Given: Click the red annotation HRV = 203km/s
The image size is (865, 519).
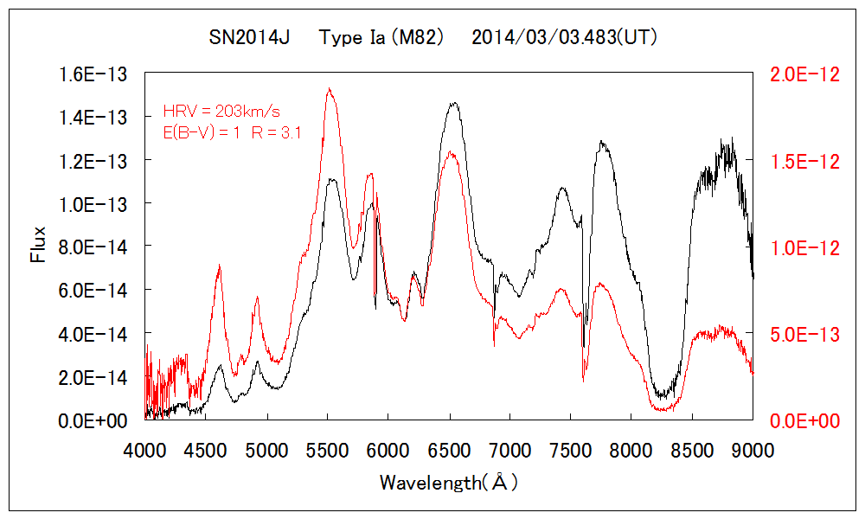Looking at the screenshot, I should coord(221,112).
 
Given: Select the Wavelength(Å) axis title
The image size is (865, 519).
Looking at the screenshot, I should coord(448,483).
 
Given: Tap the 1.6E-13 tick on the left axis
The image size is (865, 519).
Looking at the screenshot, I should coord(93,74).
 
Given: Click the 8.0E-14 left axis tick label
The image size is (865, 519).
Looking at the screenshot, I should coord(93,247).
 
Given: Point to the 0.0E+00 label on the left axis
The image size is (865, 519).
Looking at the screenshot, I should coord(93,420).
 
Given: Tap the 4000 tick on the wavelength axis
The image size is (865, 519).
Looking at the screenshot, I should coord(145,450).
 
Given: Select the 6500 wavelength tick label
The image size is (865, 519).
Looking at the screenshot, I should coord(450,450).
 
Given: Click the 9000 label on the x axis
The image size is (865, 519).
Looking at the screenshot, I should coord(753,450).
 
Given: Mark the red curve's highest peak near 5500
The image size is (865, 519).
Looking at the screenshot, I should coord(330,88).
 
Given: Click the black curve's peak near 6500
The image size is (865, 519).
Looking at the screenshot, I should coord(452,103).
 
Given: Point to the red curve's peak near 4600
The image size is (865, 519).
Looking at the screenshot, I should coord(219,266).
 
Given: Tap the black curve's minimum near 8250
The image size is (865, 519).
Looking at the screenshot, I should coord(663,396).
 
